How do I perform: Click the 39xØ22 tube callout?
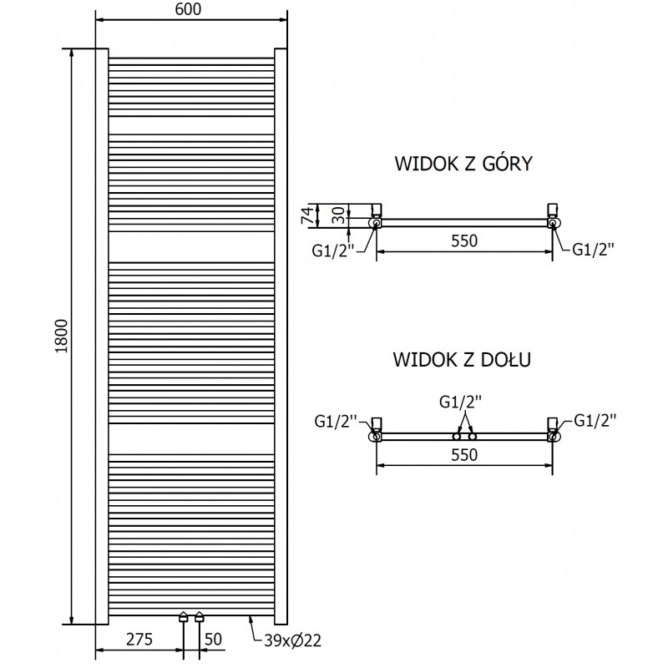point(293,640)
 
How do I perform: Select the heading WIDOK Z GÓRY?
point(464,164)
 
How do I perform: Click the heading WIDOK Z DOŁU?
point(464,360)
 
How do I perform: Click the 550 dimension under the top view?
point(463,241)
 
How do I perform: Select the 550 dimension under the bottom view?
point(463,455)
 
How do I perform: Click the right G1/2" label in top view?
point(593,248)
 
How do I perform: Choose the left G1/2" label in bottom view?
point(336,421)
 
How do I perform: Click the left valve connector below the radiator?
point(184,619)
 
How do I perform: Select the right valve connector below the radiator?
point(199,619)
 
